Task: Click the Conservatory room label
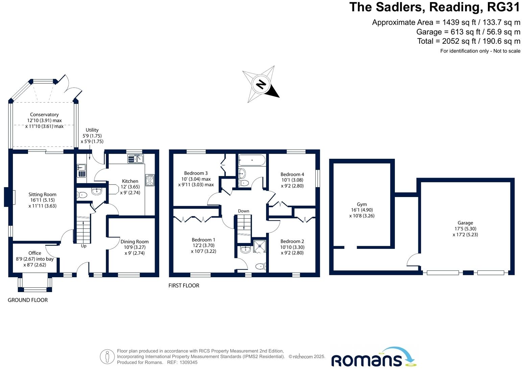click(x=44, y=115)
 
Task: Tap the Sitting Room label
click(x=42, y=194)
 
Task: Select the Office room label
click(x=35, y=253)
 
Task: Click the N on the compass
click(x=260, y=84)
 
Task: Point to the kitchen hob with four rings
click(x=150, y=180)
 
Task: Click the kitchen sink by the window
click(x=136, y=158)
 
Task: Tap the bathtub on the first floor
click(x=252, y=160)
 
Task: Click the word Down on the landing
click(x=243, y=211)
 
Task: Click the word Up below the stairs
click(x=84, y=246)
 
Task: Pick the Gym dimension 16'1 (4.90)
click(x=362, y=210)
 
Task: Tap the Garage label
click(x=465, y=223)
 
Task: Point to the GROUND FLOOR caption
click(x=28, y=300)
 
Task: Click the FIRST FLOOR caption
click(x=184, y=285)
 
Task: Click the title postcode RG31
click(x=501, y=7)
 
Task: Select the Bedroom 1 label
click(x=204, y=240)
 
